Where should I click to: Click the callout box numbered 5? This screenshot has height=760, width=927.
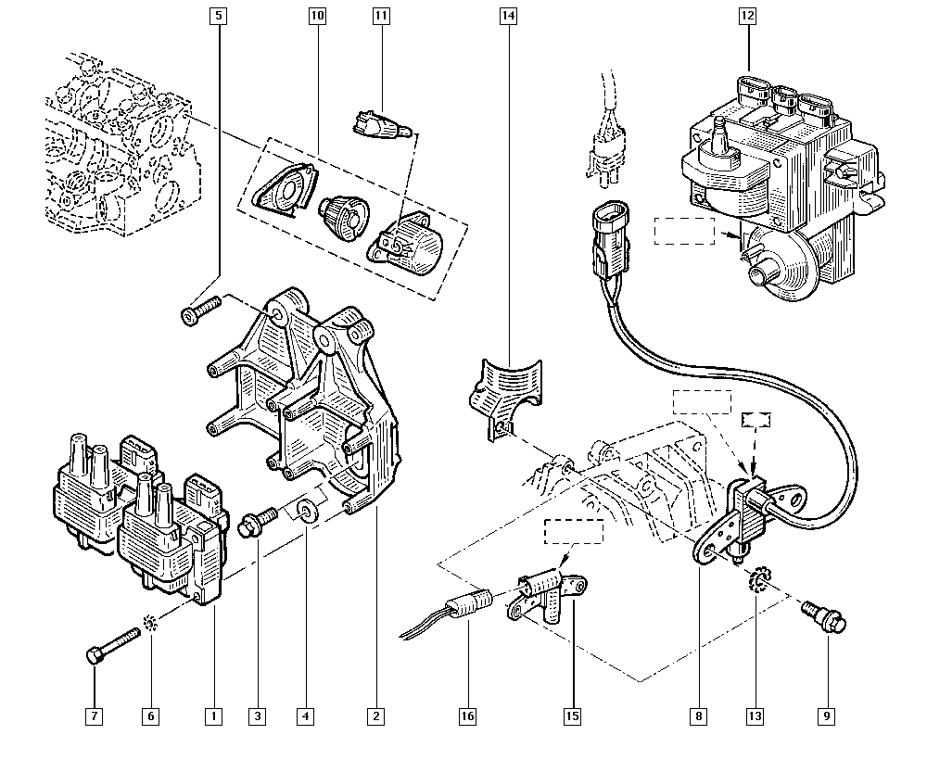(x=219, y=16)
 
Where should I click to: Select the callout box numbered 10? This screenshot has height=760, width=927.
(x=317, y=16)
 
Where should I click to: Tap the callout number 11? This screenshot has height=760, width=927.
(x=381, y=16)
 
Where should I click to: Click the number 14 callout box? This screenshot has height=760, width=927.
(x=508, y=16)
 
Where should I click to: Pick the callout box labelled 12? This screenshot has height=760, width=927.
(x=748, y=16)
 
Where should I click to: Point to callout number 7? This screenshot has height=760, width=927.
(x=94, y=716)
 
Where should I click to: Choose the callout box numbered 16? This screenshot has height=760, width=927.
(x=467, y=716)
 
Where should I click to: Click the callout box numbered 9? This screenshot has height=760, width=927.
(x=827, y=716)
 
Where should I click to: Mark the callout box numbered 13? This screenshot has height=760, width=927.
(x=756, y=716)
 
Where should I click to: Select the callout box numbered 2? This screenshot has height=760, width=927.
(x=376, y=716)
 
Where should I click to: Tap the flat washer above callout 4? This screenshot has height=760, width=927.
(x=307, y=511)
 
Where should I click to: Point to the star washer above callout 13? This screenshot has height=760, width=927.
(x=756, y=580)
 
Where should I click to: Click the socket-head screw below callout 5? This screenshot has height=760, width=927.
(x=200, y=310)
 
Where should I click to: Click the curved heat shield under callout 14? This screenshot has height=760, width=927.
(x=506, y=394)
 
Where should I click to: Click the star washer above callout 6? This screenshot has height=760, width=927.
(x=149, y=622)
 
